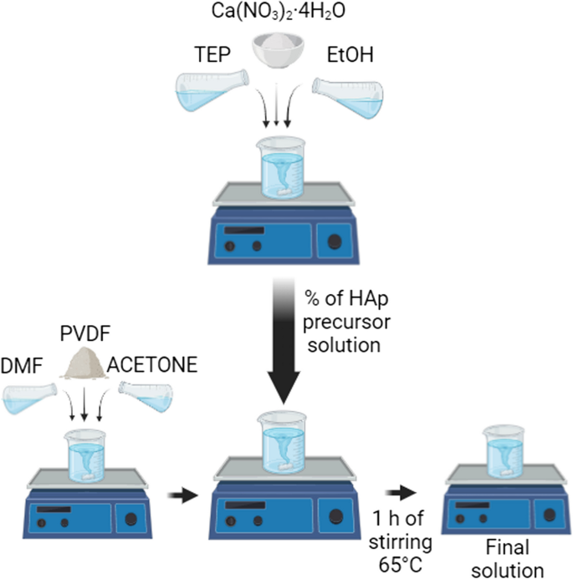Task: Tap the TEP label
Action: point(203,56)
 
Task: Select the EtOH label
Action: point(349,56)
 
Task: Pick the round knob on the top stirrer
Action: point(335,242)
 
